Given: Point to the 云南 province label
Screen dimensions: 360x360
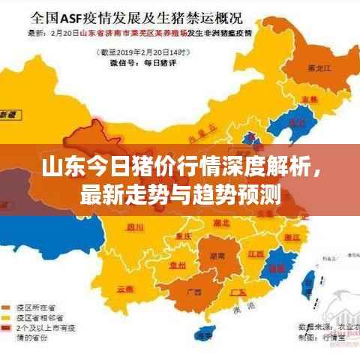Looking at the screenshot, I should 125,287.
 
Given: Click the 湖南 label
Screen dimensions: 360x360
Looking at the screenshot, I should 217,255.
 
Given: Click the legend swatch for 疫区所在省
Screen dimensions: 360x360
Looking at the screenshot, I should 10,307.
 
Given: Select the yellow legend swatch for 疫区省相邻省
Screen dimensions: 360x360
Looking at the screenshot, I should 10,318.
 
